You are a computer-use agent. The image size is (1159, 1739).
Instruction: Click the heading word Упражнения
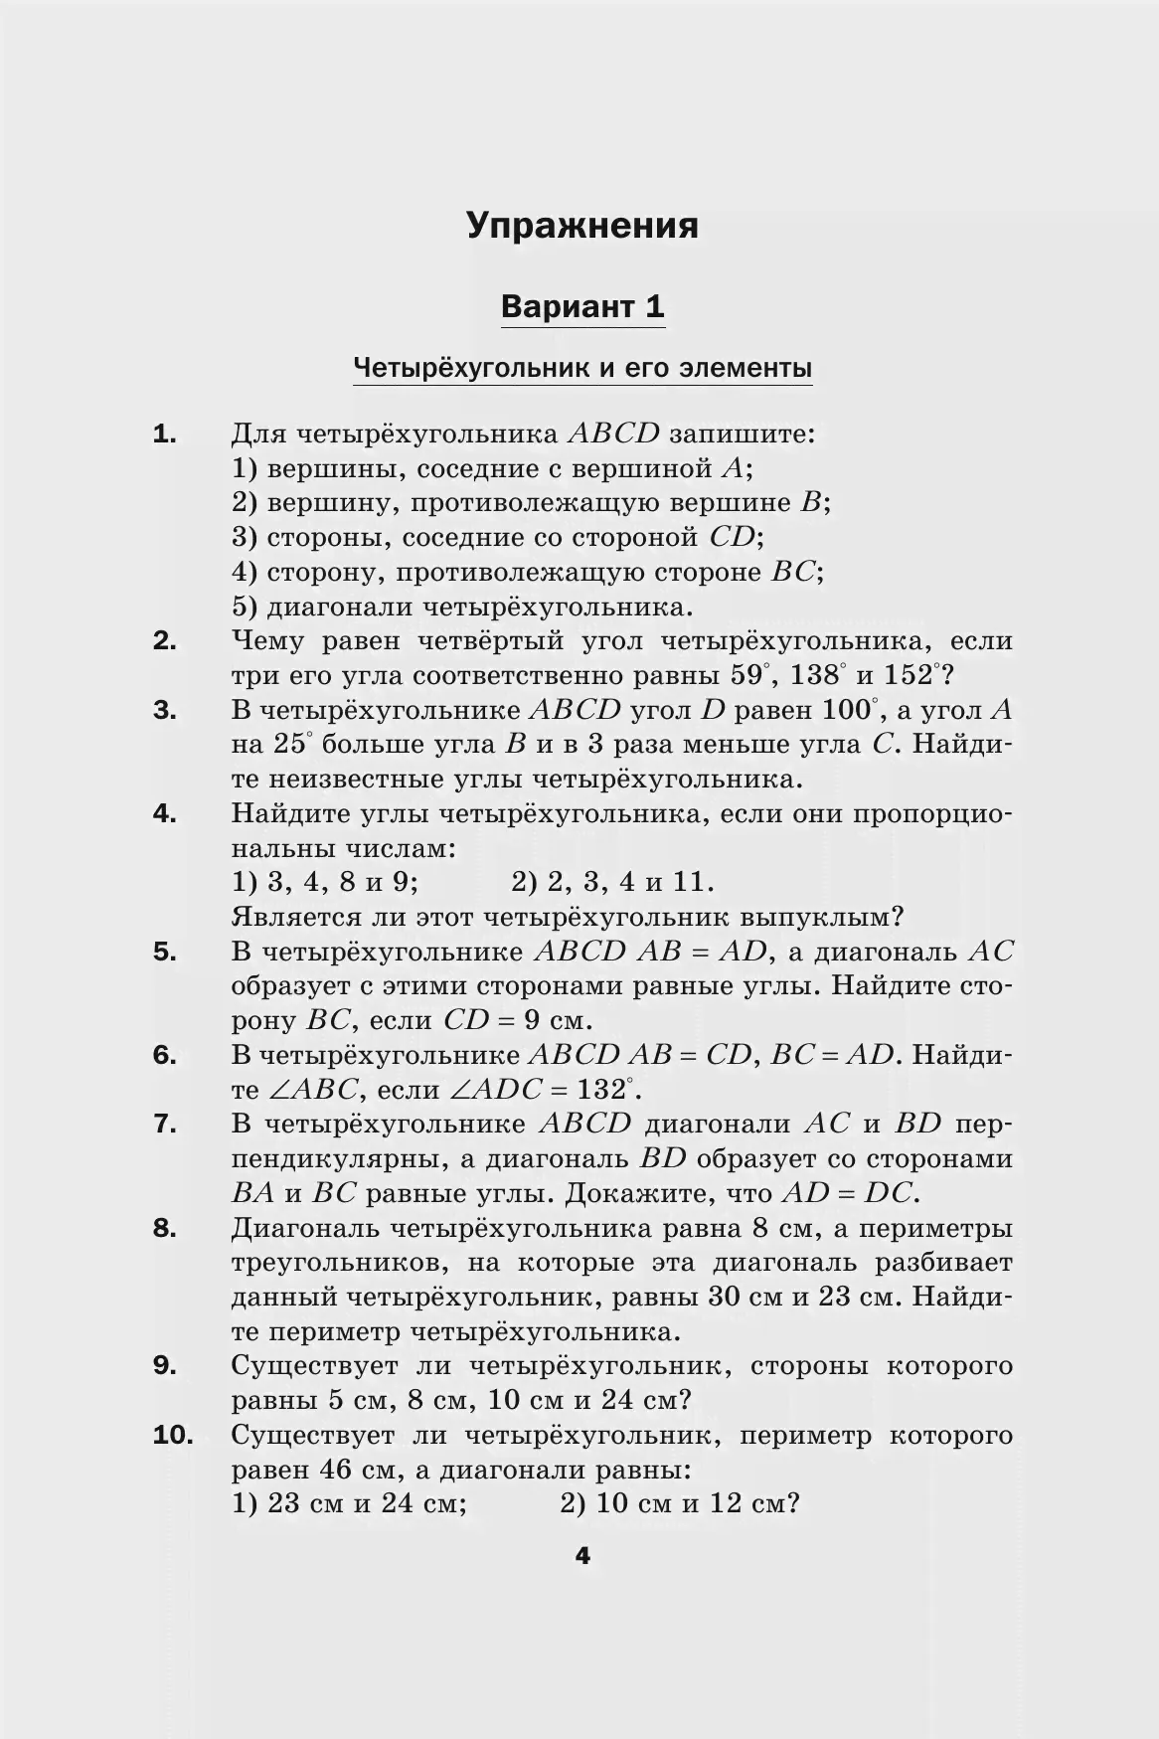[582, 227]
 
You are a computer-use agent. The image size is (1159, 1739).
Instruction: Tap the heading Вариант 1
[582, 306]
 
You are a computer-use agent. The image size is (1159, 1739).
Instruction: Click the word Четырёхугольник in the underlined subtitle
[469, 369]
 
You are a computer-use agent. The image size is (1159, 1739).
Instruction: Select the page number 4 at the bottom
[582, 1556]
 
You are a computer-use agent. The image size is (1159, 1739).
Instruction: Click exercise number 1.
[165, 434]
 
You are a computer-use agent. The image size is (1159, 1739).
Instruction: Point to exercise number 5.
[165, 952]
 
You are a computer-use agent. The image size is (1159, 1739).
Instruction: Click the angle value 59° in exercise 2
[751, 676]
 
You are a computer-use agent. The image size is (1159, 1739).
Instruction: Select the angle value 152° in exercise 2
[911, 676]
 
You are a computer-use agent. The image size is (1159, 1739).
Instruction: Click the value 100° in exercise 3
[851, 711]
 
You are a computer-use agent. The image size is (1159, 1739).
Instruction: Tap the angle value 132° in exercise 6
[605, 1090]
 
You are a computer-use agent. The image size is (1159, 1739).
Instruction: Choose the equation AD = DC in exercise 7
[850, 1193]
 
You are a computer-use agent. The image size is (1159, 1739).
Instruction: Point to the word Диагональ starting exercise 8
[305, 1229]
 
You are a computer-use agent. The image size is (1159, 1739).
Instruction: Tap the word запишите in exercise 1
[742, 435]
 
